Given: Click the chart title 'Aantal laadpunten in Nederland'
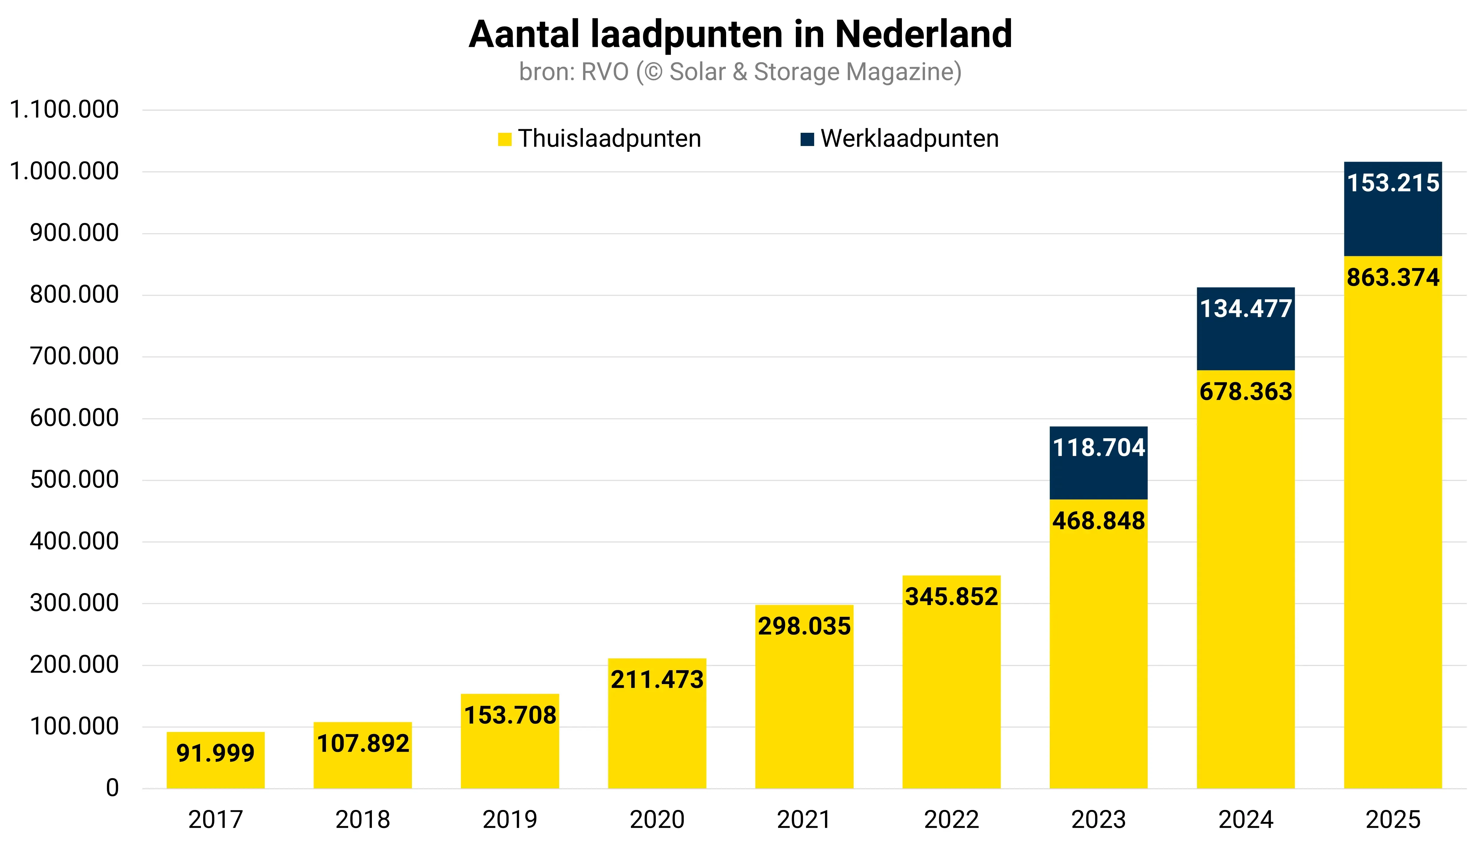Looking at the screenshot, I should point(741,35).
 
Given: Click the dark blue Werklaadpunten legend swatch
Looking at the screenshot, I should point(807,139).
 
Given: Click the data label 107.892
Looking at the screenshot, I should point(363,744).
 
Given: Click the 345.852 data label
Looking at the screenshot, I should point(951,597).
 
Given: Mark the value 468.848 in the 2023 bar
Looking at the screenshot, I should point(1098,521).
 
